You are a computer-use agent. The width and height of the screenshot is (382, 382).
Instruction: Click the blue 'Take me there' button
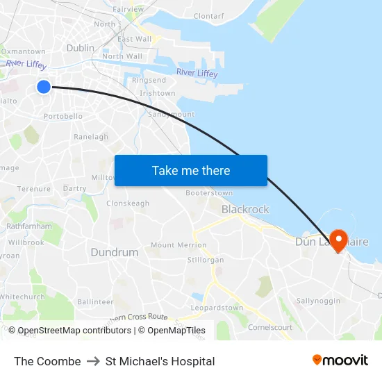(x=191, y=171)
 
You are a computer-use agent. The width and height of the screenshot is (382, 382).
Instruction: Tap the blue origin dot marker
(x=43, y=86)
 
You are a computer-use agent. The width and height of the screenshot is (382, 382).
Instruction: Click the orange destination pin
(x=339, y=240)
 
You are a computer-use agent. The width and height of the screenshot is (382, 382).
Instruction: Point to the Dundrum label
(x=114, y=253)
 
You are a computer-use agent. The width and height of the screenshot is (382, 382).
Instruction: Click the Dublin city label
(x=81, y=48)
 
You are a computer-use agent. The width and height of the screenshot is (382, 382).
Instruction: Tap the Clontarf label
(x=208, y=15)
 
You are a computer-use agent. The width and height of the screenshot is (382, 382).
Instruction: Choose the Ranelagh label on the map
(x=91, y=137)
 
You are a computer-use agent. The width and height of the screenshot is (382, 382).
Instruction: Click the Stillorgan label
(x=206, y=260)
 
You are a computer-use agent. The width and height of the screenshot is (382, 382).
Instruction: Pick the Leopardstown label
(x=217, y=308)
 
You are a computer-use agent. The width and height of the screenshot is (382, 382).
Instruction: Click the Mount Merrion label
(x=178, y=245)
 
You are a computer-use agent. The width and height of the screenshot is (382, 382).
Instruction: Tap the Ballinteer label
(x=95, y=301)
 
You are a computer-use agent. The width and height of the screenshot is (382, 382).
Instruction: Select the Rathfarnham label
(x=28, y=226)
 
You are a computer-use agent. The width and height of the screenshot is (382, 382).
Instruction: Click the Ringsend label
(x=149, y=81)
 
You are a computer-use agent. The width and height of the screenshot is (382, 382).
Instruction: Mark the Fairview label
(x=128, y=9)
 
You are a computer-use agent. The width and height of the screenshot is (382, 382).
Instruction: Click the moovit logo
(x=340, y=360)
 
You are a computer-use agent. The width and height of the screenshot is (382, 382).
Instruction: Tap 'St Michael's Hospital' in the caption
(x=160, y=361)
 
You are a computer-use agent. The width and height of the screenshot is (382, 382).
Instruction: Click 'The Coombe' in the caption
(x=47, y=361)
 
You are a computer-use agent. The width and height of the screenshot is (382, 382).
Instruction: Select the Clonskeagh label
(x=128, y=204)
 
